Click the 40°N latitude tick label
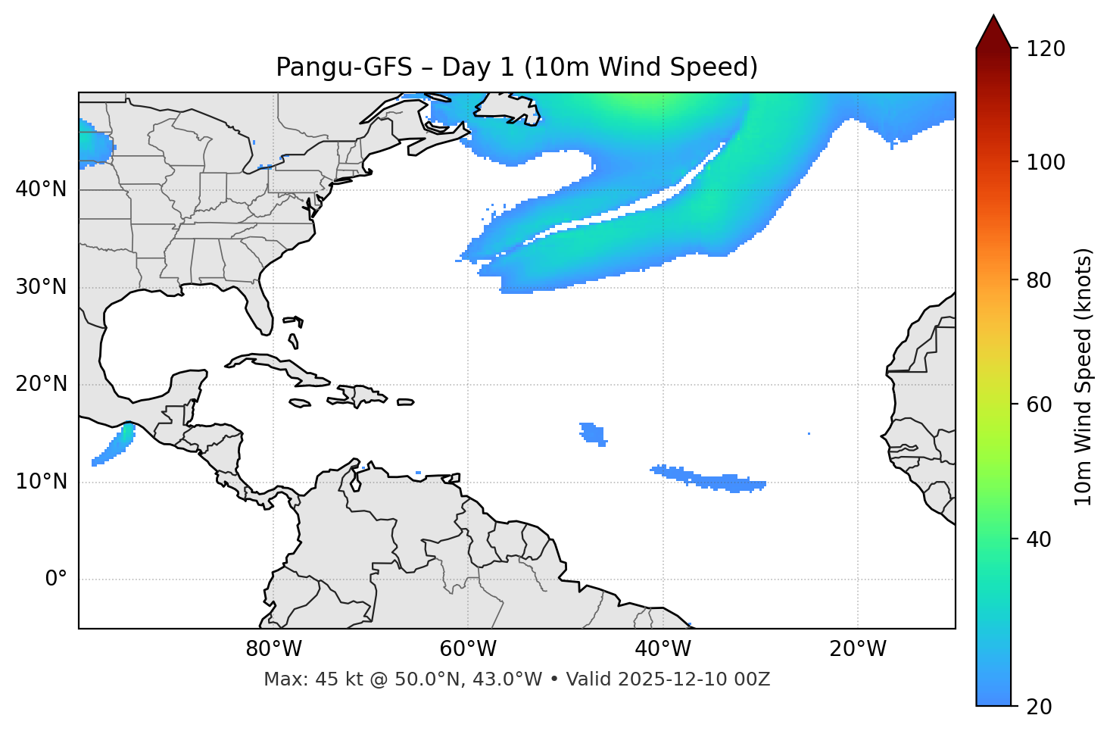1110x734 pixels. (41, 189)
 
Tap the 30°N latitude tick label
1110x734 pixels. (41, 287)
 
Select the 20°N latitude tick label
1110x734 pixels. (41, 384)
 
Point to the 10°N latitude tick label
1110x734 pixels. (41, 482)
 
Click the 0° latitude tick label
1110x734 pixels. (56, 579)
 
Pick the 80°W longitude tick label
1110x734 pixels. (273, 649)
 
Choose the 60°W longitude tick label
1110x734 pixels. (468, 649)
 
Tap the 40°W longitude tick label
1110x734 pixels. (663, 649)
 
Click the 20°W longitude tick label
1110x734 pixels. (857, 649)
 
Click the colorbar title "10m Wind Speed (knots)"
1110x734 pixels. (1083, 376)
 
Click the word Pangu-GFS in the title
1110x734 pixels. (344, 67)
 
